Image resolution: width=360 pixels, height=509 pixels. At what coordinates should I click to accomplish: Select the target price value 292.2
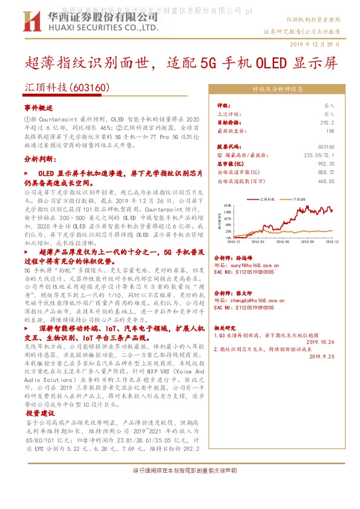327,122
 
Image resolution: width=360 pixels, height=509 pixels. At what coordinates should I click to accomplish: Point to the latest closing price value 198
330,131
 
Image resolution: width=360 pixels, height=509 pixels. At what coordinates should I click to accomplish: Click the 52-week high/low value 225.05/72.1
318,155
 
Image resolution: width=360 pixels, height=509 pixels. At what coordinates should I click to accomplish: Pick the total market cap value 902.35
326,163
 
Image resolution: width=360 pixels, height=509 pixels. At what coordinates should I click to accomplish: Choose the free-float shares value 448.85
326,181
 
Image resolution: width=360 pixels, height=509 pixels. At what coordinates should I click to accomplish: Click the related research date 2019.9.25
321,357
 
